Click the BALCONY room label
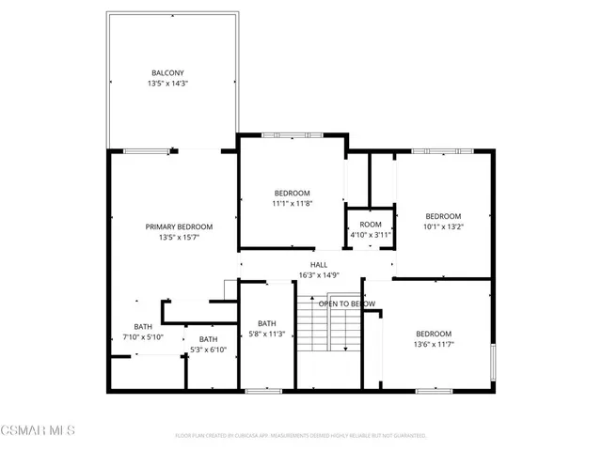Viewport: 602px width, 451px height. [x=167, y=73]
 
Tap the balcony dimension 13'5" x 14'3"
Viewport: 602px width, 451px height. [x=167, y=84]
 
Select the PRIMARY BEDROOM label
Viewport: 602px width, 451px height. [x=179, y=226]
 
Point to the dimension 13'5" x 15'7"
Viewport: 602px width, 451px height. [x=179, y=238]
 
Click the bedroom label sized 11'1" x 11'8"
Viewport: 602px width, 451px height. [x=291, y=193]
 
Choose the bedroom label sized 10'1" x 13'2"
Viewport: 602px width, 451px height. [x=443, y=215]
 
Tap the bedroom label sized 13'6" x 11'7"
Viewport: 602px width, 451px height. [x=434, y=334]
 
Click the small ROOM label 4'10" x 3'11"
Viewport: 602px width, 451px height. [x=371, y=225]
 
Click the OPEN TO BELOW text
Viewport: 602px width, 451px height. [x=346, y=303]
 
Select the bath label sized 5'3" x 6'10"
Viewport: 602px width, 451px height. [x=208, y=339]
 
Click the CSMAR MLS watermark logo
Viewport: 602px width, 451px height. [x=38, y=430]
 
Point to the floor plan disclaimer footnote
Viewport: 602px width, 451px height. [x=301, y=436]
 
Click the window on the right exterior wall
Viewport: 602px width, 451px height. [x=493, y=362]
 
